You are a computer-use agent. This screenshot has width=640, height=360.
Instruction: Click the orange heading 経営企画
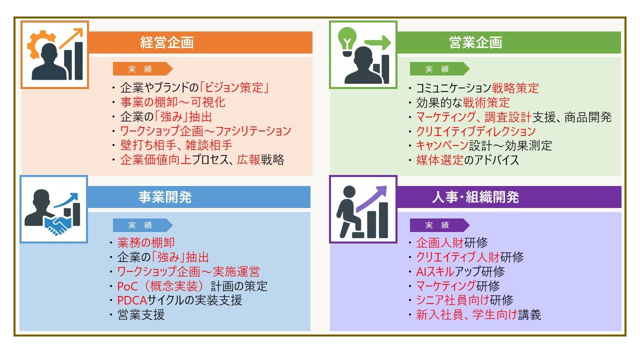[167, 42]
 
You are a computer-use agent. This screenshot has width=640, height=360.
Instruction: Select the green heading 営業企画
[475, 42]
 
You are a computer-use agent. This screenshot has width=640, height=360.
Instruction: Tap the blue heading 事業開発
[165, 197]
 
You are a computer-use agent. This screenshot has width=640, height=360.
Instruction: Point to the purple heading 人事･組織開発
[475, 197]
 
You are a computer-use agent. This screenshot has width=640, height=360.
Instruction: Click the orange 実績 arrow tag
[142, 69]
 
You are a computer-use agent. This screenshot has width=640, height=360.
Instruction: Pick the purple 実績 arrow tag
[439, 225]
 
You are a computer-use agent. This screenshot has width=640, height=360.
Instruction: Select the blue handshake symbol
[57, 225]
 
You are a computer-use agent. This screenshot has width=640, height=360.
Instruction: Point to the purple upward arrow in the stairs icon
[371, 199]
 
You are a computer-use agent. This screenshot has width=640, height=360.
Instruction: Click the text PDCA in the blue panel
[131, 300]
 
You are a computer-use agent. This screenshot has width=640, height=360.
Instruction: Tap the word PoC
[127, 286]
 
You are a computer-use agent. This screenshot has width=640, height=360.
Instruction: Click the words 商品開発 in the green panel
[588, 117]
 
